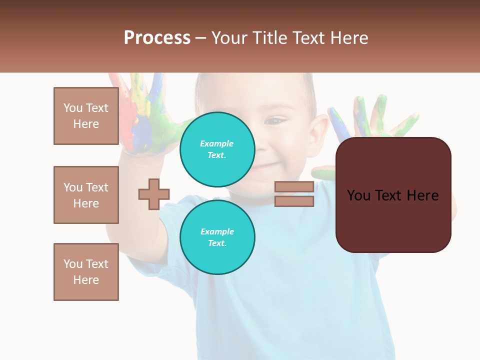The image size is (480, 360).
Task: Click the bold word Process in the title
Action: point(157,38)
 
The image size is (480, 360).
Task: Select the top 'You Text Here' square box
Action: point(86,116)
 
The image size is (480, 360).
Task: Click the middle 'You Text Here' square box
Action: point(86,195)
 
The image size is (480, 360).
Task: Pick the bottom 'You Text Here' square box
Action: point(86,272)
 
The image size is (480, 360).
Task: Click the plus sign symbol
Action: point(154,194)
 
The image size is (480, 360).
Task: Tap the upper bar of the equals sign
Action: point(294,187)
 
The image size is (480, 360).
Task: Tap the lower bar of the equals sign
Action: point(294,201)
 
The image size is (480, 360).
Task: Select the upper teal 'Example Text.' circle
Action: point(217,149)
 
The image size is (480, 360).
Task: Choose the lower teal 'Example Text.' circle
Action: point(217,237)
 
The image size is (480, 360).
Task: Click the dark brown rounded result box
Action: point(393,220)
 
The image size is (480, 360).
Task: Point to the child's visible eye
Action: point(274,120)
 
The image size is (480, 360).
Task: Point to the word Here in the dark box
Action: point(422,195)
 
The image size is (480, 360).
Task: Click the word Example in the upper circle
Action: point(217,143)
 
